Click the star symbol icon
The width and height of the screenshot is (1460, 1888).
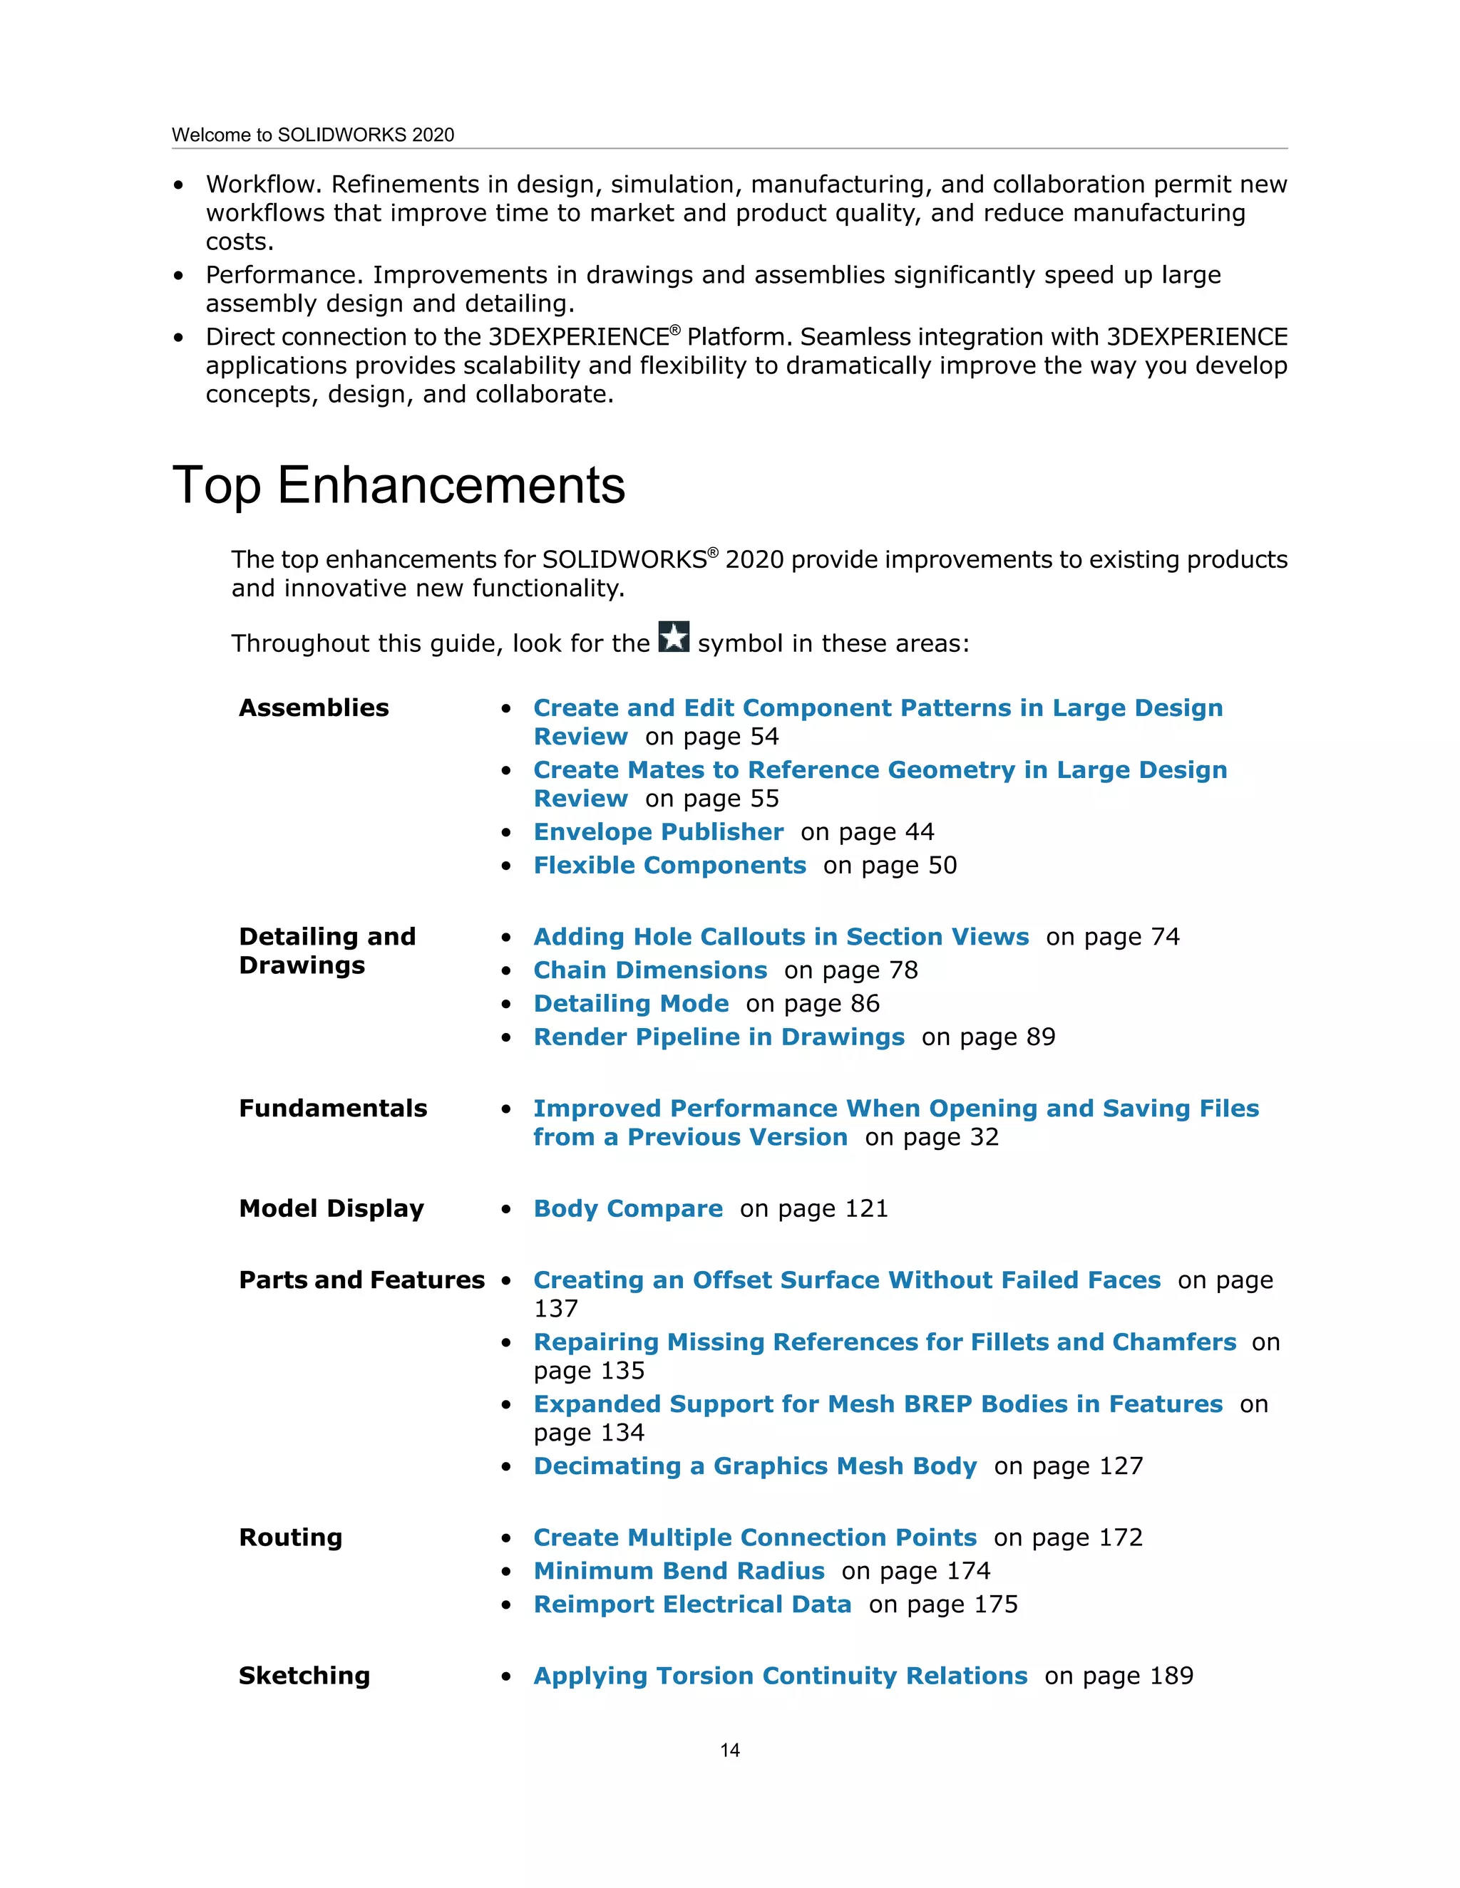click(x=674, y=637)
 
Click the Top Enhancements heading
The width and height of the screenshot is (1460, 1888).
click(x=399, y=485)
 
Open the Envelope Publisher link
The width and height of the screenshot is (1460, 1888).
click(x=658, y=831)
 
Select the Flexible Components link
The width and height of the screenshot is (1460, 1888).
click(x=669, y=866)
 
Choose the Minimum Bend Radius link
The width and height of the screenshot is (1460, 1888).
click(x=679, y=1571)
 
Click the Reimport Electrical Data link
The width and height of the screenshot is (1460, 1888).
click(x=692, y=1604)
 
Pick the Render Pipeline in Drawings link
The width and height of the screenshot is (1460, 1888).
click(x=719, y=1037)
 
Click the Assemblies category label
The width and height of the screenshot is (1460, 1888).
click(x=314, y=708)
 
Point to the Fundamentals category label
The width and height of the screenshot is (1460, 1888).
click(x=333, y=1109)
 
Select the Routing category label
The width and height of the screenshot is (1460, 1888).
click(x=291, y=1538)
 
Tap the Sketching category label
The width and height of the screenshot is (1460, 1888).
click(x=304, y=1676)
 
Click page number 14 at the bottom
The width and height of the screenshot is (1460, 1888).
click(x=730, y=1750)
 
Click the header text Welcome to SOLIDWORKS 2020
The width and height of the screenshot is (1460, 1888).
click(x=313, y=135)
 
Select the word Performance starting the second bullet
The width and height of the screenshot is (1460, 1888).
click(x=284, y=275)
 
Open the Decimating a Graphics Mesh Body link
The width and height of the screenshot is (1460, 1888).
click(x=755, y=1466)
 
